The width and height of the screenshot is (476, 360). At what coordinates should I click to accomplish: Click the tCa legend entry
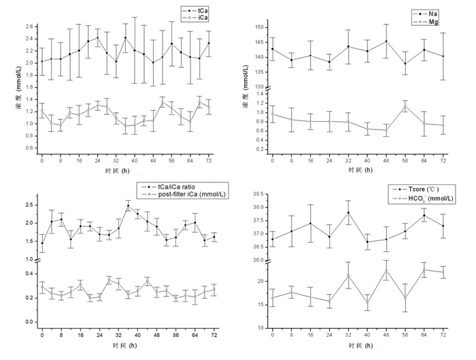tap(203, 10)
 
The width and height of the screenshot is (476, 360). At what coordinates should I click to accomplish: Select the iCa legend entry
tap(203, 18)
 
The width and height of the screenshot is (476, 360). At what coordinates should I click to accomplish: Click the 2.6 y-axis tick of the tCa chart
tap(29, 27)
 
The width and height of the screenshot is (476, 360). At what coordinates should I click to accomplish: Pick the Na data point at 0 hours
tap(273, 49)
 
